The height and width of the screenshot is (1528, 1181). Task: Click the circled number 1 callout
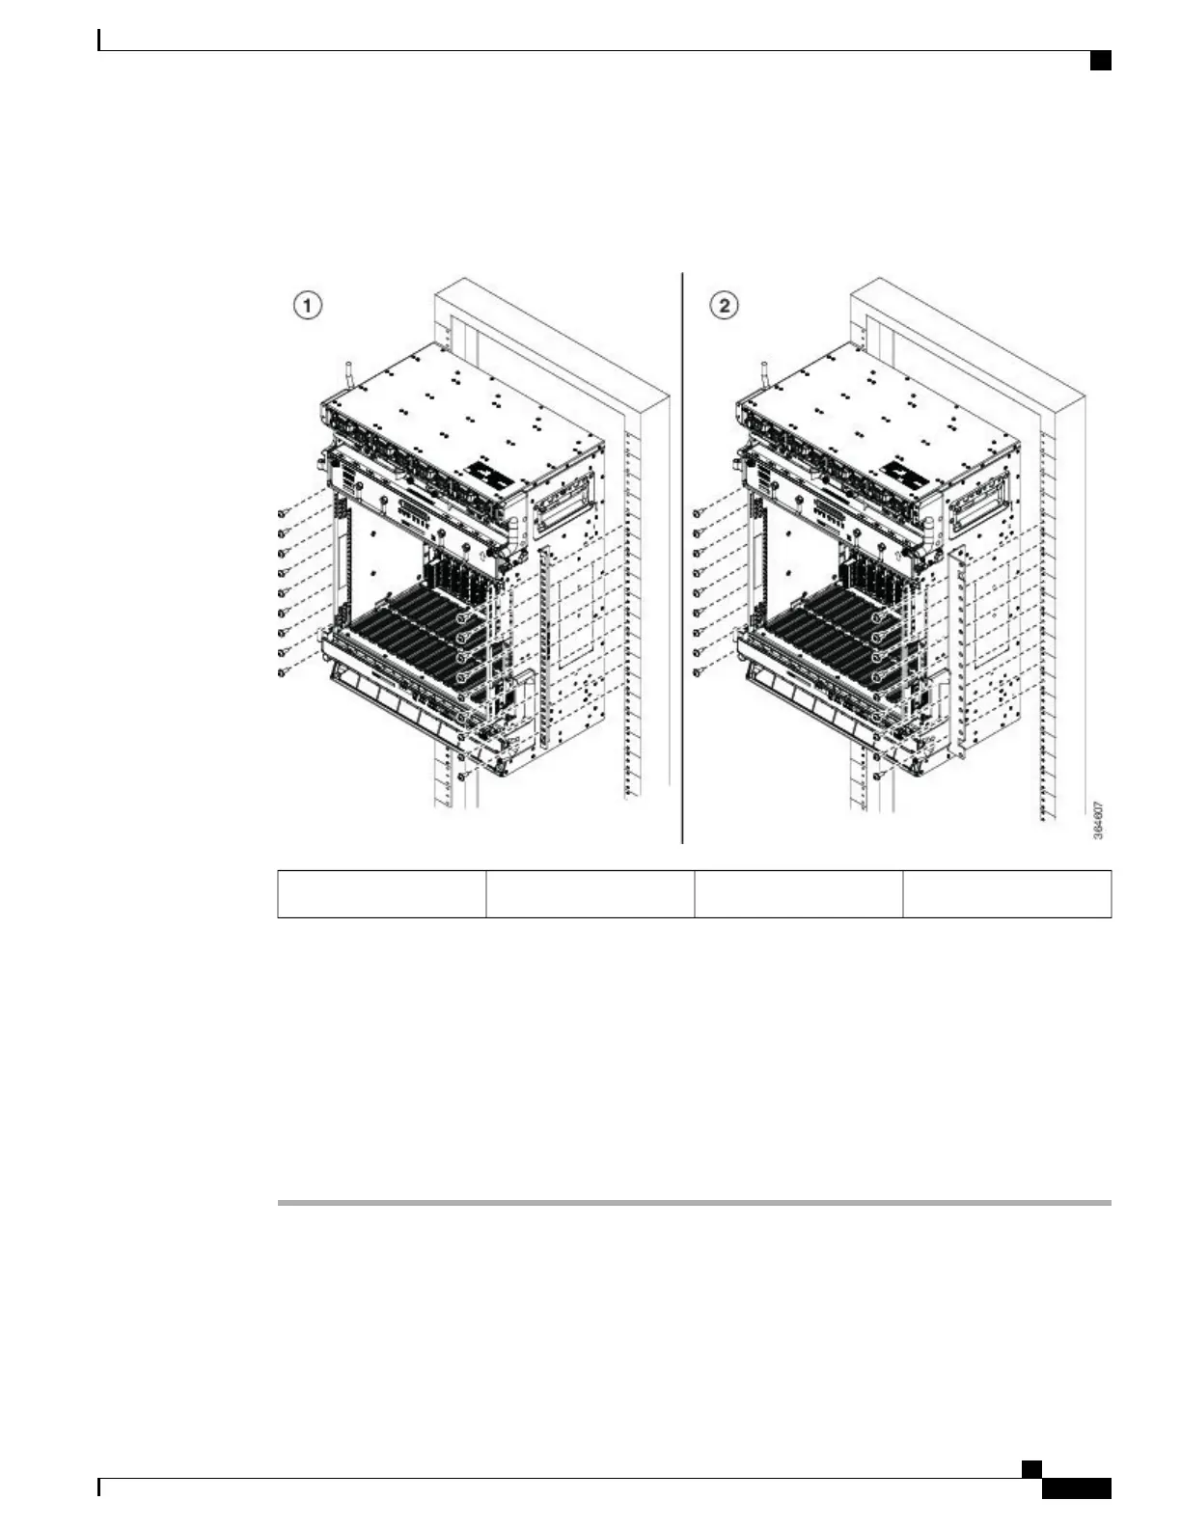[x=308, y=307]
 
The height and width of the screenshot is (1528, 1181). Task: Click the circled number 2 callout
[x=724, y=307]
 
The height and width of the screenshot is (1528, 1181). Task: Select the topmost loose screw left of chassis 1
[x=281, y=513]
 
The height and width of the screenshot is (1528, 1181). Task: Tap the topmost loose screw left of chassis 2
[x=697, y=513]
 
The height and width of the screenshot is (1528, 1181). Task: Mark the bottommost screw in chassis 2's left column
[x=697, y=672]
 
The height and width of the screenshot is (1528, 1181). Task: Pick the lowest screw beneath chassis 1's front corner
[x=462, y=776]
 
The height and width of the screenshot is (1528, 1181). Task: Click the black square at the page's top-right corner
[x=1101, y=61]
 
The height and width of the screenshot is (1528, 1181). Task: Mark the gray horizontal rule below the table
[x=695, y=1203]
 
